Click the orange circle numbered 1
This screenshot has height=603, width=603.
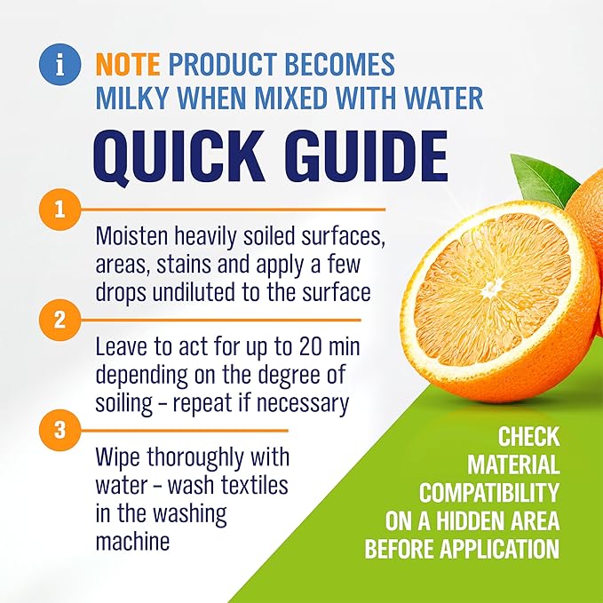point(60,210)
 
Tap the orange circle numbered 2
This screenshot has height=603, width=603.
point(60,320)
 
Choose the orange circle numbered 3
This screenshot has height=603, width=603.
point(60,430)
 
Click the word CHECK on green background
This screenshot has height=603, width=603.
point(528,437)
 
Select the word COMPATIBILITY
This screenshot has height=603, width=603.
point(489,492)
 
